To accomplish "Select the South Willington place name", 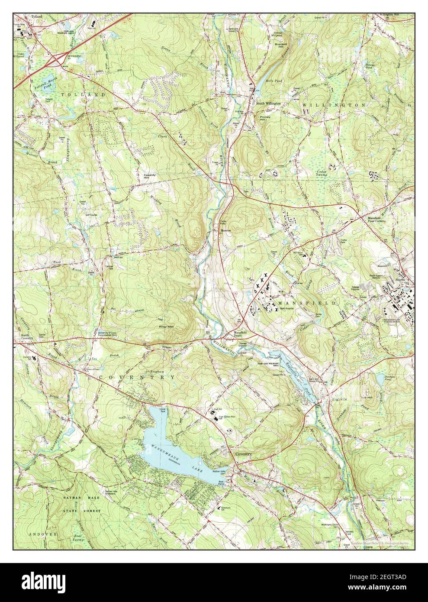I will [x=268, y=104].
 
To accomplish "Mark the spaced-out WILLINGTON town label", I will [x=333, y=105].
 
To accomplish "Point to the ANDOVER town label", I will [x=37, y=534].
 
